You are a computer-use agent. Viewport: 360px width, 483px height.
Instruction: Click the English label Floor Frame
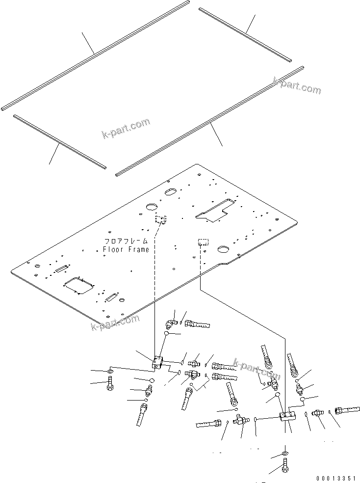[x=126, y=249]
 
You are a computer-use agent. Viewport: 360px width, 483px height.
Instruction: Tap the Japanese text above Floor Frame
[x=126, y=241]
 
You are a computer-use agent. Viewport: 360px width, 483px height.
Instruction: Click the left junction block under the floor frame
[x=158, y=363]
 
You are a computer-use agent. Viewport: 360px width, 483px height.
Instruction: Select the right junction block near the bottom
[x=287, y=417]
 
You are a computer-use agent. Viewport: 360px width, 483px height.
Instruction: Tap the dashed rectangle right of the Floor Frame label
[x=203, y=242]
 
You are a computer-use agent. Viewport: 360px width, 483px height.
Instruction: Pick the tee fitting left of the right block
[x=240, y=419]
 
